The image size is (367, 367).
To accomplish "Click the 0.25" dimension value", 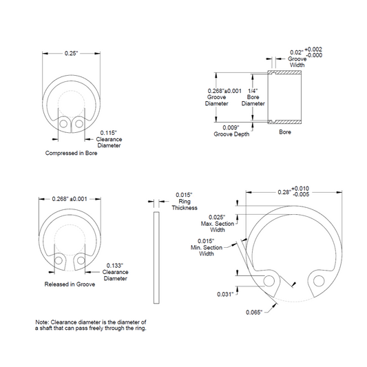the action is (71, 54).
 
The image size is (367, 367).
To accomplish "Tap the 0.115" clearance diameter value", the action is (108, 133).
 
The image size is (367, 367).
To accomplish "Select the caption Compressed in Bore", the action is (71, 153).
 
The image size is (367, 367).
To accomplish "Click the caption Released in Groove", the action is (70, 284).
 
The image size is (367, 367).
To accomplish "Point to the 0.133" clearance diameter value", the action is (115, 266).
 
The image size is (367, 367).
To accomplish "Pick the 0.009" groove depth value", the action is (231, 127).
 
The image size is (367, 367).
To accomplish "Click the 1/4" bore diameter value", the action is (253, 91).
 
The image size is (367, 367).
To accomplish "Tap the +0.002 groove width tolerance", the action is (313, 50).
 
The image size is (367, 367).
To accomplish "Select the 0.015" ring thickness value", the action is (184, 195).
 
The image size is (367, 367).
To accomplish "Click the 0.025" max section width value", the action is (217, 218).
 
